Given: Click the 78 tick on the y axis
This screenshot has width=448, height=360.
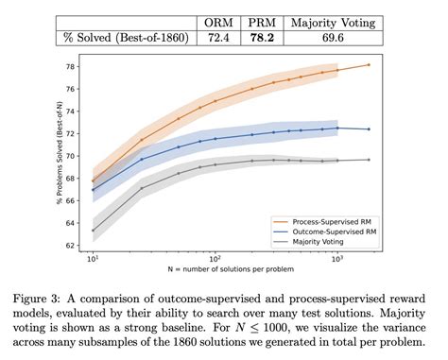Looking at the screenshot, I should click(75, 67).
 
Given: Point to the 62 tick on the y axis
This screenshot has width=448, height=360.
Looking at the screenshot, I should click(75, 245).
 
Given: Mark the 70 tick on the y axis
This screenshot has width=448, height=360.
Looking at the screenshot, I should click(75, 156).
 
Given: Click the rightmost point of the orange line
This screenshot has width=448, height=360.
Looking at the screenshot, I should click(369, 65).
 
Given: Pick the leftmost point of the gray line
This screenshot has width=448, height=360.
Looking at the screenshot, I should click(93, 230).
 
